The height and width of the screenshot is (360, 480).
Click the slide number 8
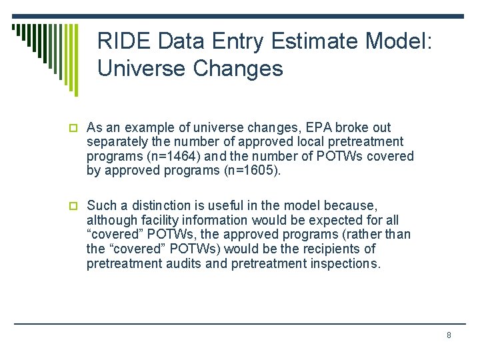coord(449,335)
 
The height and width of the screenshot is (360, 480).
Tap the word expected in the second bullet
coord(311,220)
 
